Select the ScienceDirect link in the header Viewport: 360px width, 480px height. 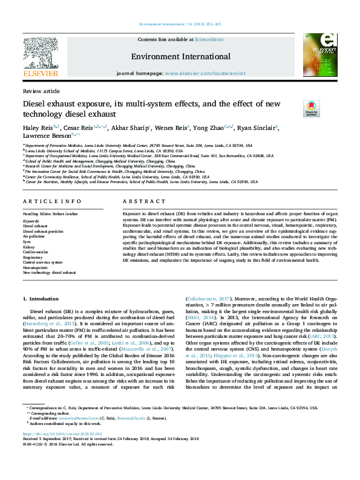click(209, 39)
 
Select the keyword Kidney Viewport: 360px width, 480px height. click(28, 247)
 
